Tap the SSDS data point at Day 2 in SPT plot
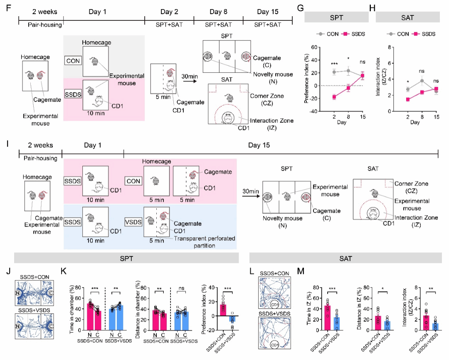(x=334, y=97)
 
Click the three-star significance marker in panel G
(x=334, y=63)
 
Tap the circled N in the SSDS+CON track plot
(x=18, y=292)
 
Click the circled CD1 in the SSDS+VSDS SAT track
(x=274, y=344)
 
